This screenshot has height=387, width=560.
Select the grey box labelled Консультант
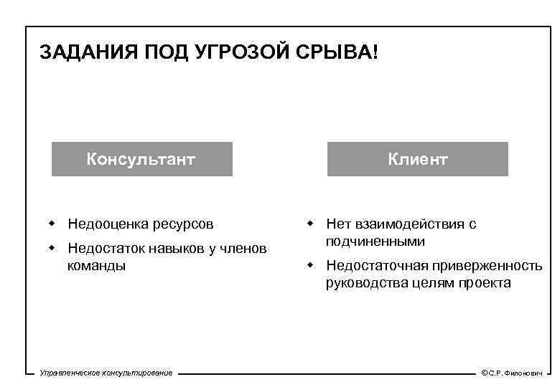(x=141, y=158)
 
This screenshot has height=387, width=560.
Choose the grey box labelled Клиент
(x=418, y=158)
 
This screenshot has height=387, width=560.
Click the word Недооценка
(x=108, y=224)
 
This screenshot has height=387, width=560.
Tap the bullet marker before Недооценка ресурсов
(x=52, y=224)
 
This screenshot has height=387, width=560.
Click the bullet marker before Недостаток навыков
(x=52, y=248)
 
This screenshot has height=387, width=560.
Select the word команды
(x=97, y=265)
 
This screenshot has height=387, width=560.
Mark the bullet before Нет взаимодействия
(x=310, y=224)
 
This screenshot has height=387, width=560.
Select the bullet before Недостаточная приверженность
(x=310, y=265)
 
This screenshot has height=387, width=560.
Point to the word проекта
(x=486, y=283)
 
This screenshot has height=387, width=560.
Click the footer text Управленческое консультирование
(x=106, y=373)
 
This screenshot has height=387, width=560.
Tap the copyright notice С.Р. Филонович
(x=512, y=373)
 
